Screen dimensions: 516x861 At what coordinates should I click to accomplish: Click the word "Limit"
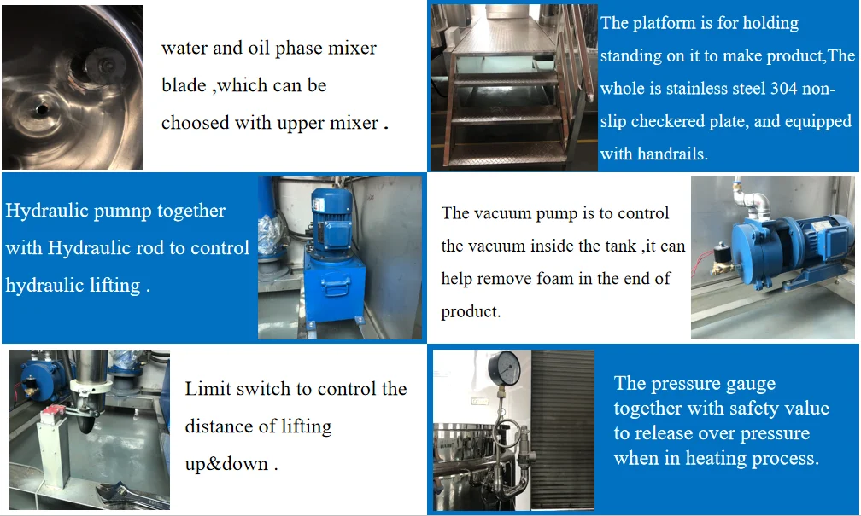coord(208,389)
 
